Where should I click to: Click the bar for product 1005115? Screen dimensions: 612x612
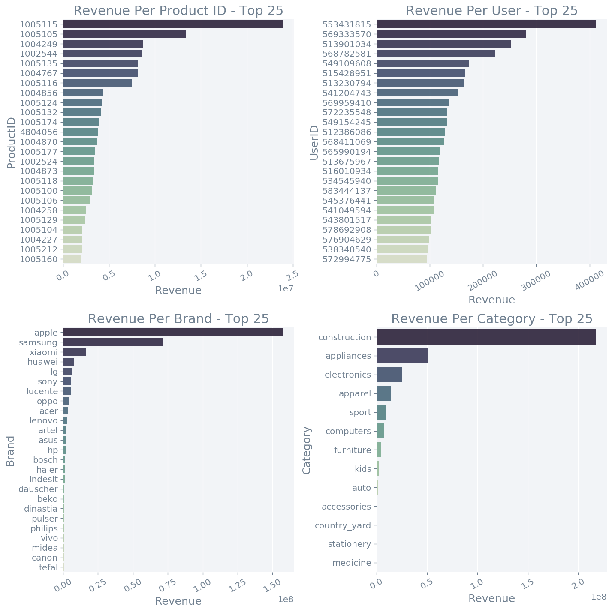click(x=173, y=24)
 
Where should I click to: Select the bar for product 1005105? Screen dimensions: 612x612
click(x=124, y=34)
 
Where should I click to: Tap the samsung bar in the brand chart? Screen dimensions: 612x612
click(x=113, y=342)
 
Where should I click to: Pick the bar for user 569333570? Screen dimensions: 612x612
click(x=451, y=34)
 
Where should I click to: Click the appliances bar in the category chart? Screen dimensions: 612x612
click(x=402, y=356)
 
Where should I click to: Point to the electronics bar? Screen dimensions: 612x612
click(x=389, y=375)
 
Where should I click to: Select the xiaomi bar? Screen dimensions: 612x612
click(x=75, y=352)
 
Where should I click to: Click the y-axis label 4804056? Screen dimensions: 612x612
click(x=39, y=132)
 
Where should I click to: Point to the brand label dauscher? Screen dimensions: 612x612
click(x=38, y=489)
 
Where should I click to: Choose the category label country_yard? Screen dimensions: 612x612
click(x=343, y=525)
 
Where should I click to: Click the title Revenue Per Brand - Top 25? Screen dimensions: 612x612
click(x=178, y=319)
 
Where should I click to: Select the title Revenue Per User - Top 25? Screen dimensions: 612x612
click(x=491, y=11)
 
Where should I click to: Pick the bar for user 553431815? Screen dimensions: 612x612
click(x=486, y=24)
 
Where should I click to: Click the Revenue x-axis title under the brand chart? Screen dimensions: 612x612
click(x=178, y=601)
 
